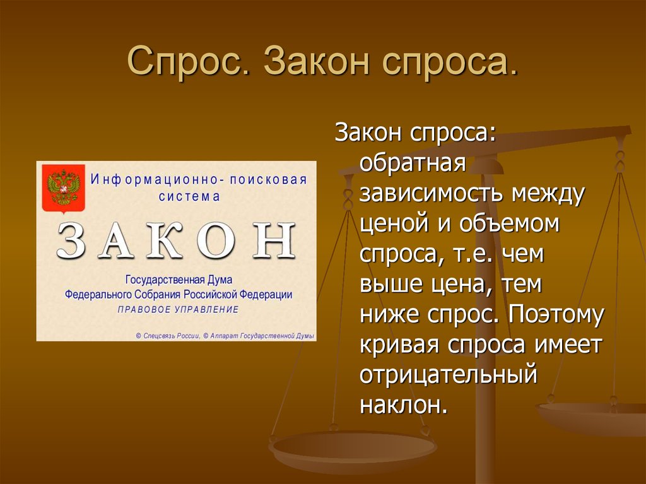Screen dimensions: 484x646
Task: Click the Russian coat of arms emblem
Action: [x=62, y=187]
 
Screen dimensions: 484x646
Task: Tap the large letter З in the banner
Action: [x=71, y=241]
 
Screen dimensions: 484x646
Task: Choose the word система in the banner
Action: [x=189, y=196]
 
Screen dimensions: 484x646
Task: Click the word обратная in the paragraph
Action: [x=413, y=164]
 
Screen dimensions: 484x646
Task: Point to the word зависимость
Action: [x=432, y=194]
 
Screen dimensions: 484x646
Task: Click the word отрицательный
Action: [x=449, y=375]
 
